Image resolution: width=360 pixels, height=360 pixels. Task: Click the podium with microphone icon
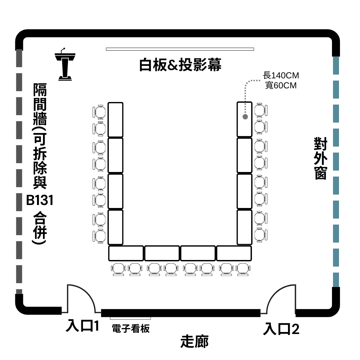(x=65, y=64)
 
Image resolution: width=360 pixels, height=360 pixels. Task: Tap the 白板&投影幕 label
(x=180, y=65)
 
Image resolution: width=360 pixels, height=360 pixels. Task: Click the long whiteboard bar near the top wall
(x=180, y=49)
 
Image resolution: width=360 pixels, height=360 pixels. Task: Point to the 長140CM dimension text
(x=281, y=75)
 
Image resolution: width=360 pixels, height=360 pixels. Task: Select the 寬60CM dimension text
(x=281, y=85)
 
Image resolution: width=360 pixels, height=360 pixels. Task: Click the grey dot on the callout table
(x=245, y=117)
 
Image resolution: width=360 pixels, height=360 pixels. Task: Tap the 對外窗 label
(x=321, y=158)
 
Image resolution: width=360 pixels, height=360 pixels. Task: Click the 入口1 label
(x=82, y=326)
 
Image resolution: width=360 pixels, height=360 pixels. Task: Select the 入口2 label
(x=281, y=329)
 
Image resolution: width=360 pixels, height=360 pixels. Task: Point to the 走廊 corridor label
(x=194, y=341)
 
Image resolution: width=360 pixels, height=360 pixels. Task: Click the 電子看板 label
(x=131, y=329)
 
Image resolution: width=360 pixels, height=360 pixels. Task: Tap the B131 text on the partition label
(x=40, y=200)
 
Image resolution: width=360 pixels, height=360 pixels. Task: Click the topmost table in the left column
(x=115, y=120)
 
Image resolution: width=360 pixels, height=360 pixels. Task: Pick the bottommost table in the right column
(x=245, y=227)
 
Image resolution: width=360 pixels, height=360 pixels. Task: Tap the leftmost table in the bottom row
(x=126, y=253)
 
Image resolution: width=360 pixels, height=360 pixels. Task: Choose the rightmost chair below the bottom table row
(x=243, y=270)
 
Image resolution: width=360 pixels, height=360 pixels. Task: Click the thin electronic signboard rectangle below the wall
(x=130, y=318)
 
